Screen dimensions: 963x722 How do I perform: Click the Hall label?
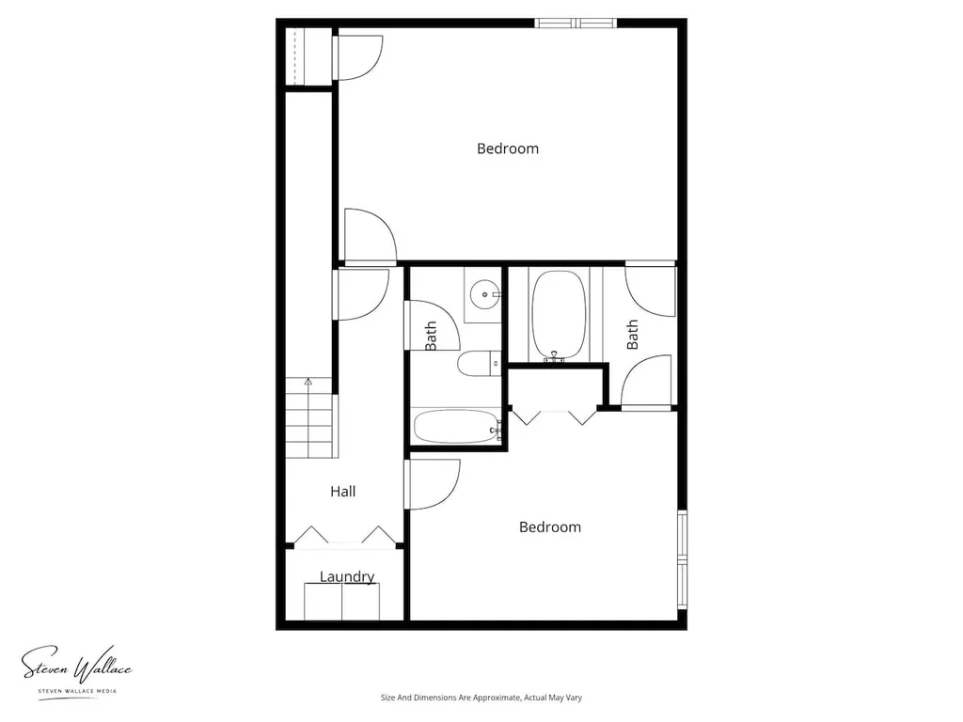point(342,491)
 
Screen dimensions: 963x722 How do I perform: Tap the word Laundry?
point(347,576)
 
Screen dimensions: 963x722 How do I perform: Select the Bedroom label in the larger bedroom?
point(508,149)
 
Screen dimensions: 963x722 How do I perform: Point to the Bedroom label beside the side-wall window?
point(549,526)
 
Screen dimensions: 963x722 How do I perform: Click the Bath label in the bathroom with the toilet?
point(431,336)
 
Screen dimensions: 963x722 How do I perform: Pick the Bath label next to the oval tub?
point(632,335)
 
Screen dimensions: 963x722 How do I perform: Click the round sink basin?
point(484,294)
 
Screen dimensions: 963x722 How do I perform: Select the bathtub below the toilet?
point(457,427)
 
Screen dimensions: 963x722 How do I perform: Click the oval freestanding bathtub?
point(559,315)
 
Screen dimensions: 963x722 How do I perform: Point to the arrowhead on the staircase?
point(308,382)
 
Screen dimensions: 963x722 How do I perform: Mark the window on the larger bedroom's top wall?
point(576,24)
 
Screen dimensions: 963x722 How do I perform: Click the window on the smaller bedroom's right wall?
point(682,559)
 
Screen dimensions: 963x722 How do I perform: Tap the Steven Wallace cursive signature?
point(77,665)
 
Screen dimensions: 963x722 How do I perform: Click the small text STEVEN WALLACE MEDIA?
point(77,691)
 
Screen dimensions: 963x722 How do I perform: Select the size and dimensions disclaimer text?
point(481,698)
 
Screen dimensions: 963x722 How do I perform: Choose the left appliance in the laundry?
point(324,602)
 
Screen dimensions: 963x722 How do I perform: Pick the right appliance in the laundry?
point(360,602)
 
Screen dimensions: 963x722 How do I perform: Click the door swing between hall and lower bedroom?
point(433,484)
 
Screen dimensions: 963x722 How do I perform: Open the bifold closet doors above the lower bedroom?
point(554,416)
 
